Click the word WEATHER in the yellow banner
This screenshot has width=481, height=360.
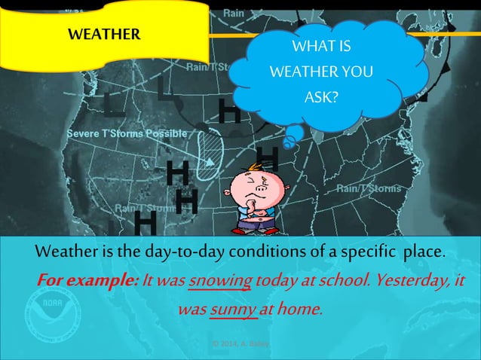tap(103, 34)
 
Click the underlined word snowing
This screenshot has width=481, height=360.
tap(214, 282)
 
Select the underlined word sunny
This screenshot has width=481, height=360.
tap(232, 308)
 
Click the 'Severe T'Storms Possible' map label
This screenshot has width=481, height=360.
tap(127, 133)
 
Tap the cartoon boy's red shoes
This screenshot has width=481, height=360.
tap(256, 229)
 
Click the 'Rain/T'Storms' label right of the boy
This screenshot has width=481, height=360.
tap(369, 188)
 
